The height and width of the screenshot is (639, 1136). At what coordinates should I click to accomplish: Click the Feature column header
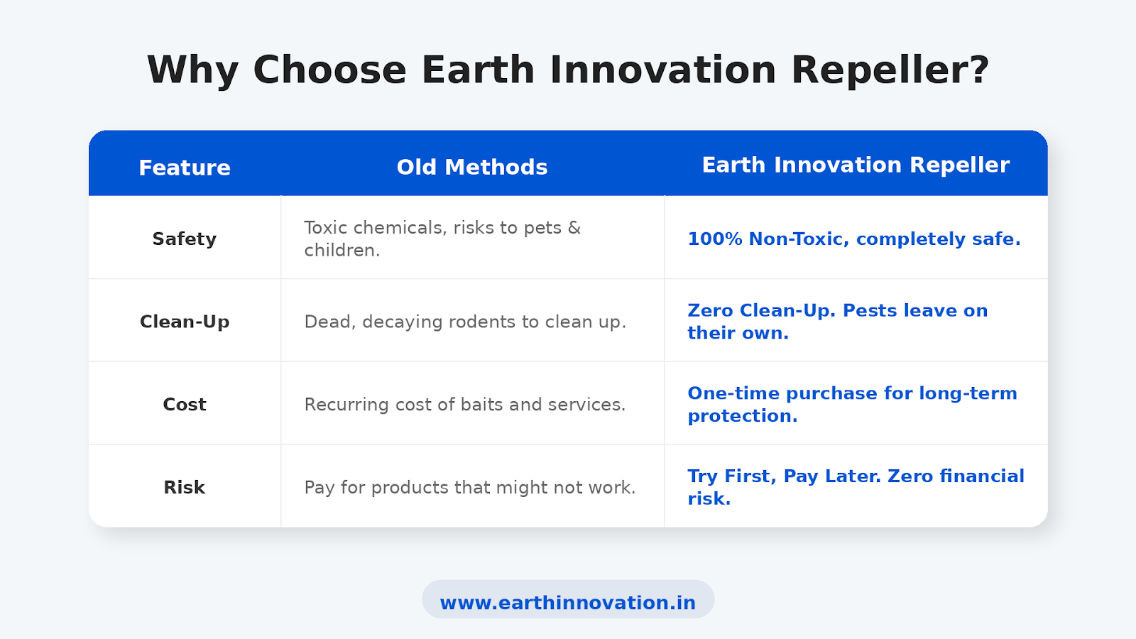click(x=185, y=168)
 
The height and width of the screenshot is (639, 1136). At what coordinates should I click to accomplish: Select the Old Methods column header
click(x=472, y=168)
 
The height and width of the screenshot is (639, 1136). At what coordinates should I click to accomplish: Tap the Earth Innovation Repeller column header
click(x=856, y=165)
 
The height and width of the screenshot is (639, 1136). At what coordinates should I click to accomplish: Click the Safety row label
click(x=185, y=239)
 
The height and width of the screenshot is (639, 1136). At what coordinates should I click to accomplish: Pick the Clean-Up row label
click(x=185, y=322)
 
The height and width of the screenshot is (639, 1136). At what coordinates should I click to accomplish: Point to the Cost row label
click(x=185, y=405)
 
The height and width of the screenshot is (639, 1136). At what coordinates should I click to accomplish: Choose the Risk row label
click(x=185, y=487)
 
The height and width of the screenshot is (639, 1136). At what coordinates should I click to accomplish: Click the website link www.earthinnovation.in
click(x=568, y=603)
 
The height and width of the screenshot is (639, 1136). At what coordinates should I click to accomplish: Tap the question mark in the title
click(x=979, y=70)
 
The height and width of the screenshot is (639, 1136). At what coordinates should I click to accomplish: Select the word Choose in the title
click(x=329, y=70)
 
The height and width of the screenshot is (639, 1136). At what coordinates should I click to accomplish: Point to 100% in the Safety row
click(x=715, y=239)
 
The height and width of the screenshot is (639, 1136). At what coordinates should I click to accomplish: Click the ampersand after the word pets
click(x=574, y=228)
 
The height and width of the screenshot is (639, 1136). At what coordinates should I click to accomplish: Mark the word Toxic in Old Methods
click(x=325, y=228)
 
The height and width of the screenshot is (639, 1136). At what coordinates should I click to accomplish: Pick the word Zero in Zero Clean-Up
click(x=710, y=311)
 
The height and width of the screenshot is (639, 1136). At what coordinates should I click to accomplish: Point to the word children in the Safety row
click(x=342, y=250)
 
